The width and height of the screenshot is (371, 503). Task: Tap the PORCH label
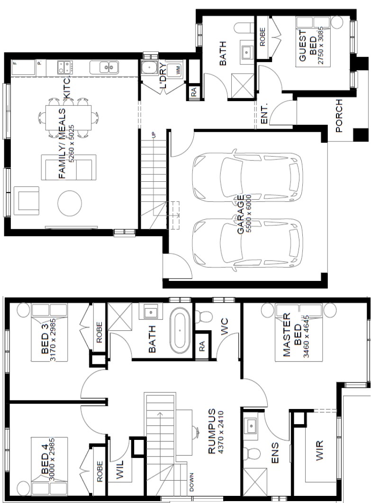coord(339,116)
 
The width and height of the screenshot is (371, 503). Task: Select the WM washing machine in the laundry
coord(175,69)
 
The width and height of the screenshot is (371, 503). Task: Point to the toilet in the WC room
coord(204,317)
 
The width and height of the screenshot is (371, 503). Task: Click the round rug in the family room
coord(70,203)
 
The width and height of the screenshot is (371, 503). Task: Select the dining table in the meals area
coord(68,117)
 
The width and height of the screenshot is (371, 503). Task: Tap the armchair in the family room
coord(26,201)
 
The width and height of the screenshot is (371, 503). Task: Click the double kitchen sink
coord(104,67)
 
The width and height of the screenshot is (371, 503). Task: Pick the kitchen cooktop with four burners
coord(65,67)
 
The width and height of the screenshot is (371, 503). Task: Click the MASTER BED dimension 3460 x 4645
coord(306,336)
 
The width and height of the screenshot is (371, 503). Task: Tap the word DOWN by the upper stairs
coord(191,482)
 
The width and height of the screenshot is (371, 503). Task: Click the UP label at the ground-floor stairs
coord(154,135)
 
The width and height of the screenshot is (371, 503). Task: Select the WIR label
coord(319,451)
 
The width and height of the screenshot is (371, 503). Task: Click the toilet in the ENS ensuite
coord(252,454)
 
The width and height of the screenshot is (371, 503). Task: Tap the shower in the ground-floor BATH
coord(242,85)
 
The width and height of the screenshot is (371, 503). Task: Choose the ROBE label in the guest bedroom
coord(262,37)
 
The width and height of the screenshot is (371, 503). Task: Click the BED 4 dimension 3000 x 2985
coord(52,459)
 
